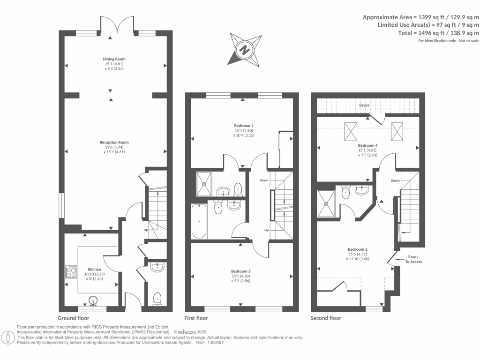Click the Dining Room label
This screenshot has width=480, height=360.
tap(114, 59)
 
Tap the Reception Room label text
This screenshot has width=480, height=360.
tap(114, 142)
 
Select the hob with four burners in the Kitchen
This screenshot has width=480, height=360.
tap(72, 272)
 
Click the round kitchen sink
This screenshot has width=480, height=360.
tap(92, 300)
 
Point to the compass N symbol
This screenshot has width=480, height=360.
tap(244, 49)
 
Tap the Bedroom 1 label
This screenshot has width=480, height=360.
tap(244, 126)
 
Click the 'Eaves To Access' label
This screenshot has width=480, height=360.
tap(413, 259)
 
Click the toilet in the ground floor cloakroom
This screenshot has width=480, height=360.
tap(157, 298)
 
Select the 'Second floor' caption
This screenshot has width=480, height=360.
tap(326, 318)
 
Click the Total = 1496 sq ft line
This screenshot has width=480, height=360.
tap(438, 33)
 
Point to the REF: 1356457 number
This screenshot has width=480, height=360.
tap(213, 343)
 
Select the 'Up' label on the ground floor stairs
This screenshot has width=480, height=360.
tap(146, 230)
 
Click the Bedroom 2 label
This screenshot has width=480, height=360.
tap(357, 249)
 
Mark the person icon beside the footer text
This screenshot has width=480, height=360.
tap(8, 337)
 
